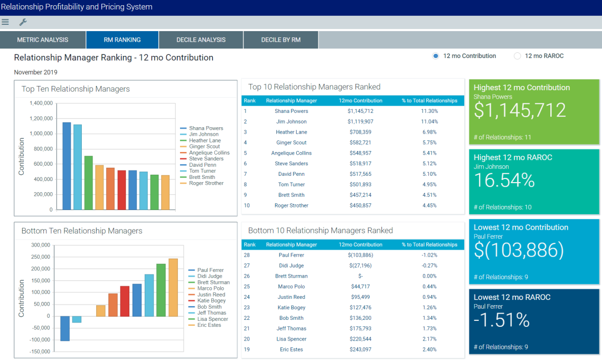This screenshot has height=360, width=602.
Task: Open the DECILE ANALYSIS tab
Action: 201,40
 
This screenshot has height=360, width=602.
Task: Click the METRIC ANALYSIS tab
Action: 42,40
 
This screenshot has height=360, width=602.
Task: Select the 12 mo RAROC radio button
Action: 518,56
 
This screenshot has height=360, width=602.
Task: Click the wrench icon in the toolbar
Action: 23,22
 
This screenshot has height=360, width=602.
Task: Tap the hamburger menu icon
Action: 5,22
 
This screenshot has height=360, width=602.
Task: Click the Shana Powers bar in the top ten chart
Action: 67,166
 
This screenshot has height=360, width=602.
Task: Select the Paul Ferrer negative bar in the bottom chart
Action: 65,328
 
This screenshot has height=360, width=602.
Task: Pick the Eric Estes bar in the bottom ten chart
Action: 173,287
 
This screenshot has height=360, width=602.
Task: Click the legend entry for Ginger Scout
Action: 204,147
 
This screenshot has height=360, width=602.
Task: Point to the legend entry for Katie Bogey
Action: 211,301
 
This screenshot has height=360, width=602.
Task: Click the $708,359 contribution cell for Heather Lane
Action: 360,132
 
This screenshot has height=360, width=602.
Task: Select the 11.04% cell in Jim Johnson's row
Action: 429,121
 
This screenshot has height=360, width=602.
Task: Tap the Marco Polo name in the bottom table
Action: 291,287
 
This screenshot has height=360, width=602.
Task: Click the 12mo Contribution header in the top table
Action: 360,100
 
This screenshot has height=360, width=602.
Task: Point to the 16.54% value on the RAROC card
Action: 504,181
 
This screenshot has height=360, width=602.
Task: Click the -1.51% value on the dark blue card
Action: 501,320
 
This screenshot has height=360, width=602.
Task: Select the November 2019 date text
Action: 36,72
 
